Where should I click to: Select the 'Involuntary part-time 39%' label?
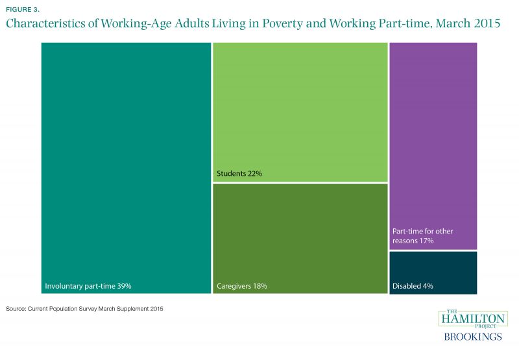[93, 285]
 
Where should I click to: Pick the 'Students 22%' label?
[239, 174]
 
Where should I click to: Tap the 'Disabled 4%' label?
[413, 285]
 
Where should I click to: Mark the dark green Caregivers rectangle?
[300, 234]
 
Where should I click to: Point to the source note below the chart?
[84, 309]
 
